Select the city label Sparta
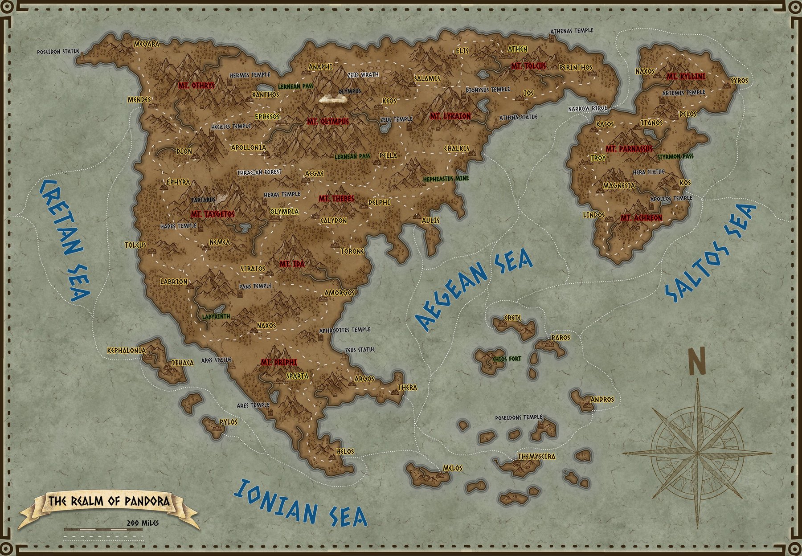(297, 376)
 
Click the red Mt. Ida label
(292, 264)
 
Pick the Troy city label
(598, 158)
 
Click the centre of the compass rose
(697, 453)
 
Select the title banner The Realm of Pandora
(109, 501)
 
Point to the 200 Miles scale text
(143, 523)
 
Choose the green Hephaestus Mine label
(446, 179)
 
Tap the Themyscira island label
(536, 457)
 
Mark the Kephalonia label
(127, 350)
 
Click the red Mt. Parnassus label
(629, 148)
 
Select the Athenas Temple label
(572, 31)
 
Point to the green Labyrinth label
(216, 316)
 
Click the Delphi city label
(379, 202)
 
